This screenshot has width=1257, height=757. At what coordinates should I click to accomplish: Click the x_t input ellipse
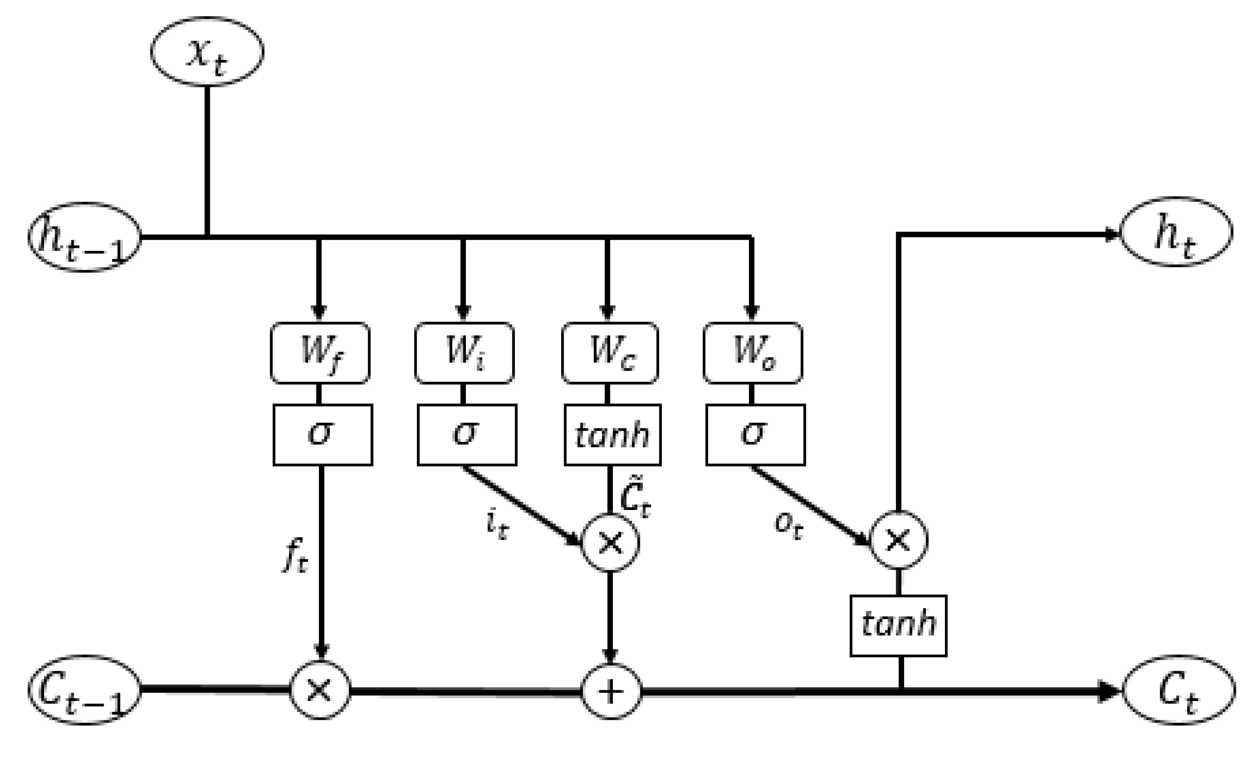click(x=206, y=52)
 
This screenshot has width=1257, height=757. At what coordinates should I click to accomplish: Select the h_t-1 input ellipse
click(x=84, y=238)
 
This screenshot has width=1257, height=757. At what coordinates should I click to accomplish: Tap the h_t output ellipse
click(x=1176, y=232)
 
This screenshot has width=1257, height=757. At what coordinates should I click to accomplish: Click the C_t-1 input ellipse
click(x=84, y=690)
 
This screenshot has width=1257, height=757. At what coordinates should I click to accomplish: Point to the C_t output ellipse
click(x=1178, y=690)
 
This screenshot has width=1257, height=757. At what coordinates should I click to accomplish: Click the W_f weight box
click(x=320, y=353)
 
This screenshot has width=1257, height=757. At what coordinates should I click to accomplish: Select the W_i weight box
click(x=464, y=353)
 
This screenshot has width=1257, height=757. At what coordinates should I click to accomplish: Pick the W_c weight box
click(x=610, y=353)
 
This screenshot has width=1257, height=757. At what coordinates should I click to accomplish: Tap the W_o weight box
click(x=752, y=353)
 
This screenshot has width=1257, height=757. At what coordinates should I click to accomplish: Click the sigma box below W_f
click(x=322, y=435)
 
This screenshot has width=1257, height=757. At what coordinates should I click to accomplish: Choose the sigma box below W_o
click(x=755, y=435)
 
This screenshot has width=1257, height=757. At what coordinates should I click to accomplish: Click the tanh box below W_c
click(x=612, y=435)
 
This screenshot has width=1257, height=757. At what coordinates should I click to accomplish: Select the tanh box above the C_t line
click(x=898, y=625)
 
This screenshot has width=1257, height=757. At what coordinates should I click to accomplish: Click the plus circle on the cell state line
click(x=611, y=692)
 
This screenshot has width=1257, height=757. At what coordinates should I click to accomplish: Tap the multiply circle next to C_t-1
click(x=320, y=690)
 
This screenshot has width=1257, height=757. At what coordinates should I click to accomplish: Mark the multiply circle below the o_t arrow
click(x=898, y=540)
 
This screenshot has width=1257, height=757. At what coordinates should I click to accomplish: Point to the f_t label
click(x=296, y=556)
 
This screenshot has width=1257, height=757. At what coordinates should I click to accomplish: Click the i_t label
click(x=496, y=525)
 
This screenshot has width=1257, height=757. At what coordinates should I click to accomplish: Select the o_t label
click(x=788, y=525)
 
